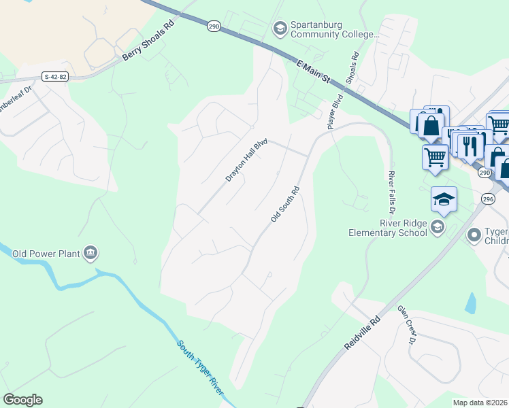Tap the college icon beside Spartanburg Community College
click(x=278, y=29)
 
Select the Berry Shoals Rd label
click(x=148, y=41)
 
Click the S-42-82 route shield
click(x=55, y=77)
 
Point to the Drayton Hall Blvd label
click(x=247, y=161)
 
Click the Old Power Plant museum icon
click(x=91, y=254)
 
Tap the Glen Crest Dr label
click(x=406, y=327)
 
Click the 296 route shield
click(x=487, y=199)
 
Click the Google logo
click(x=22, y=400)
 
